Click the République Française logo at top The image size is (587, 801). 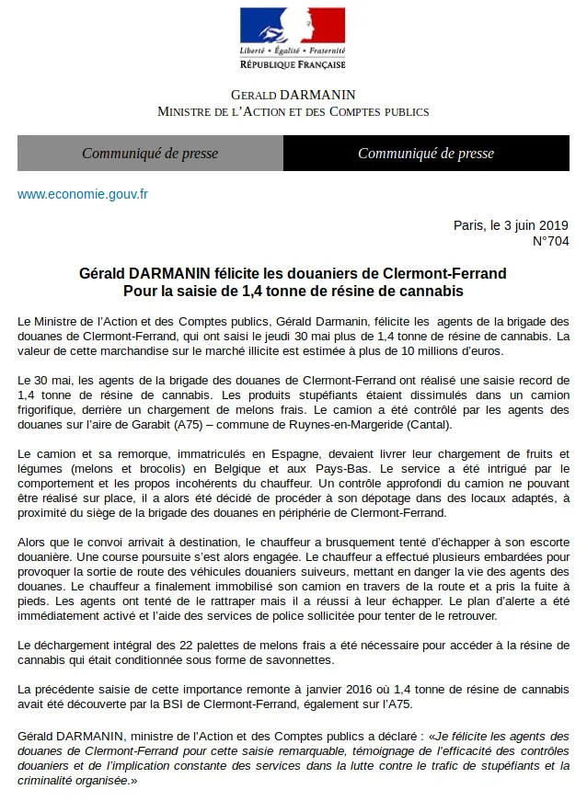coord(293,37)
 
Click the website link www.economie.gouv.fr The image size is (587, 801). coord(83,194)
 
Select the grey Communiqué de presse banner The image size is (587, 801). coord(150,154)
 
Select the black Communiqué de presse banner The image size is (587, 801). coord(426,154)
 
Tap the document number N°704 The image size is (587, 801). coord(551,242)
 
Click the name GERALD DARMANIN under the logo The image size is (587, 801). coord(293,95)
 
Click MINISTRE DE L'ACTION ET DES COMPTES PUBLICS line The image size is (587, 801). coord(293,111)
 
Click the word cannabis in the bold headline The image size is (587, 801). coord(431,291)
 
